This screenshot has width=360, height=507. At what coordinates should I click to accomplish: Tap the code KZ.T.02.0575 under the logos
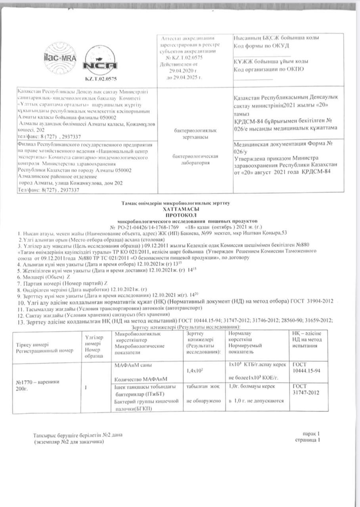(x=101, y=79)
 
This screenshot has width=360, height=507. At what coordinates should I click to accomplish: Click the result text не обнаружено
(x=202, y=401)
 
